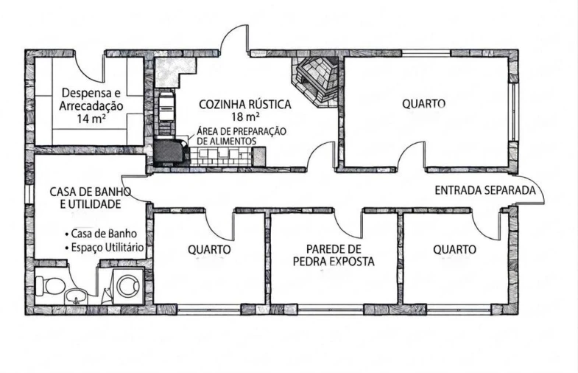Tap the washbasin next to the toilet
pos(76,296)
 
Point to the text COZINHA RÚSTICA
pos(244,105)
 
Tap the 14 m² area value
pos(91,118)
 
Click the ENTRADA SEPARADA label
pos(484,190)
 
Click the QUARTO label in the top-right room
pos(423,104)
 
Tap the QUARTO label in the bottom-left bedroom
pos(209,250)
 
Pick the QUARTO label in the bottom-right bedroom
pos(454,250)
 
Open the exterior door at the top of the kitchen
pos(236,41)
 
